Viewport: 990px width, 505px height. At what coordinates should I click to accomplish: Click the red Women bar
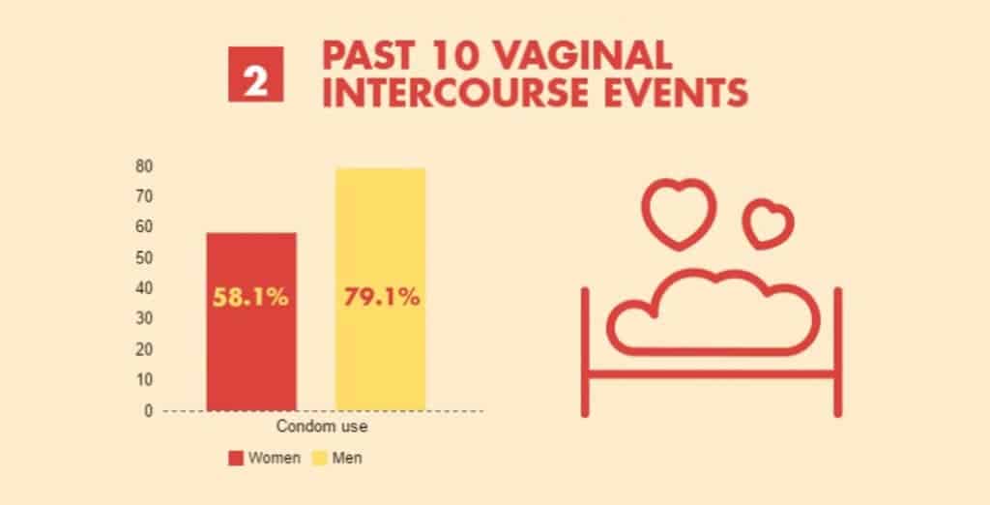pos(251,358)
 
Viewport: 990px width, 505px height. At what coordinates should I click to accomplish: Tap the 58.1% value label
pos(251,298)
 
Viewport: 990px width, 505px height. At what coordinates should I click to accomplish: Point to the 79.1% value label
pos(381,298)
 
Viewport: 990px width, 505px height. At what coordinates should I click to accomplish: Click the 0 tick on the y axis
pos(149,410)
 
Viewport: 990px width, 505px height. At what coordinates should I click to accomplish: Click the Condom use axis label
pos(315,427)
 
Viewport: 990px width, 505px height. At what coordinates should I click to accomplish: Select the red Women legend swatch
pos(235,458)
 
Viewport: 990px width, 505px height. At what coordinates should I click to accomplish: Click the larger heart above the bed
pos(680,211)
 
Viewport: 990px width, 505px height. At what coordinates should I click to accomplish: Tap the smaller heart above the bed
pos(768,222)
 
